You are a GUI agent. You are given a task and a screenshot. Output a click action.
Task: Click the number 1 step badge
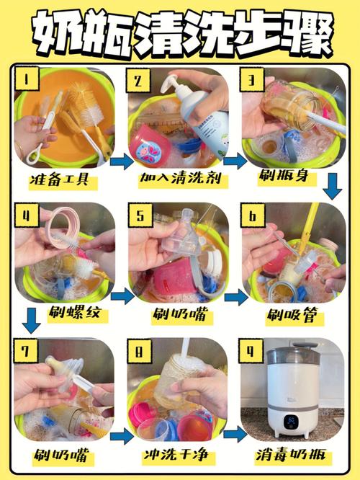click(27, 79)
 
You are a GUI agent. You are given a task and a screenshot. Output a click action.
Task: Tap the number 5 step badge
click(140, 215)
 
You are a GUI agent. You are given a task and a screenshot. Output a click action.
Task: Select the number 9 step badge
click(251, 350)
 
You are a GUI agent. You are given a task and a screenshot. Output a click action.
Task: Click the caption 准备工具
click(60, 179)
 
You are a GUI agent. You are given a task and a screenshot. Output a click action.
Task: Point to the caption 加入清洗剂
click(181, 178)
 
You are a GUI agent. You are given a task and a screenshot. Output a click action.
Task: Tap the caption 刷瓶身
click(284, 175)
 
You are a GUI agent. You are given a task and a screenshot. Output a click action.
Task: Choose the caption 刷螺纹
click(75, 313)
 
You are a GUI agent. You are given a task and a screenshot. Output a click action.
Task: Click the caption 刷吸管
click(292, 314)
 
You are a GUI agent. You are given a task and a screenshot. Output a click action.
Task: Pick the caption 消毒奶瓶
click(291, 455)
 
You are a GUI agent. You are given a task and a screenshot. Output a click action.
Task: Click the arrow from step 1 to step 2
click(122, 161)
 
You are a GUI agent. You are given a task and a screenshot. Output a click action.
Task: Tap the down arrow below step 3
click(333, 187)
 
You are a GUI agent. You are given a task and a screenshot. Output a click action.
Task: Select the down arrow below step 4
click(31, 321)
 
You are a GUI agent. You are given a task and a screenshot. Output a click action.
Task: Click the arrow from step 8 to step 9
click(235, 434)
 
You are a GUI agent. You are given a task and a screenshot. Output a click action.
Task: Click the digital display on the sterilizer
click(290, 422)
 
